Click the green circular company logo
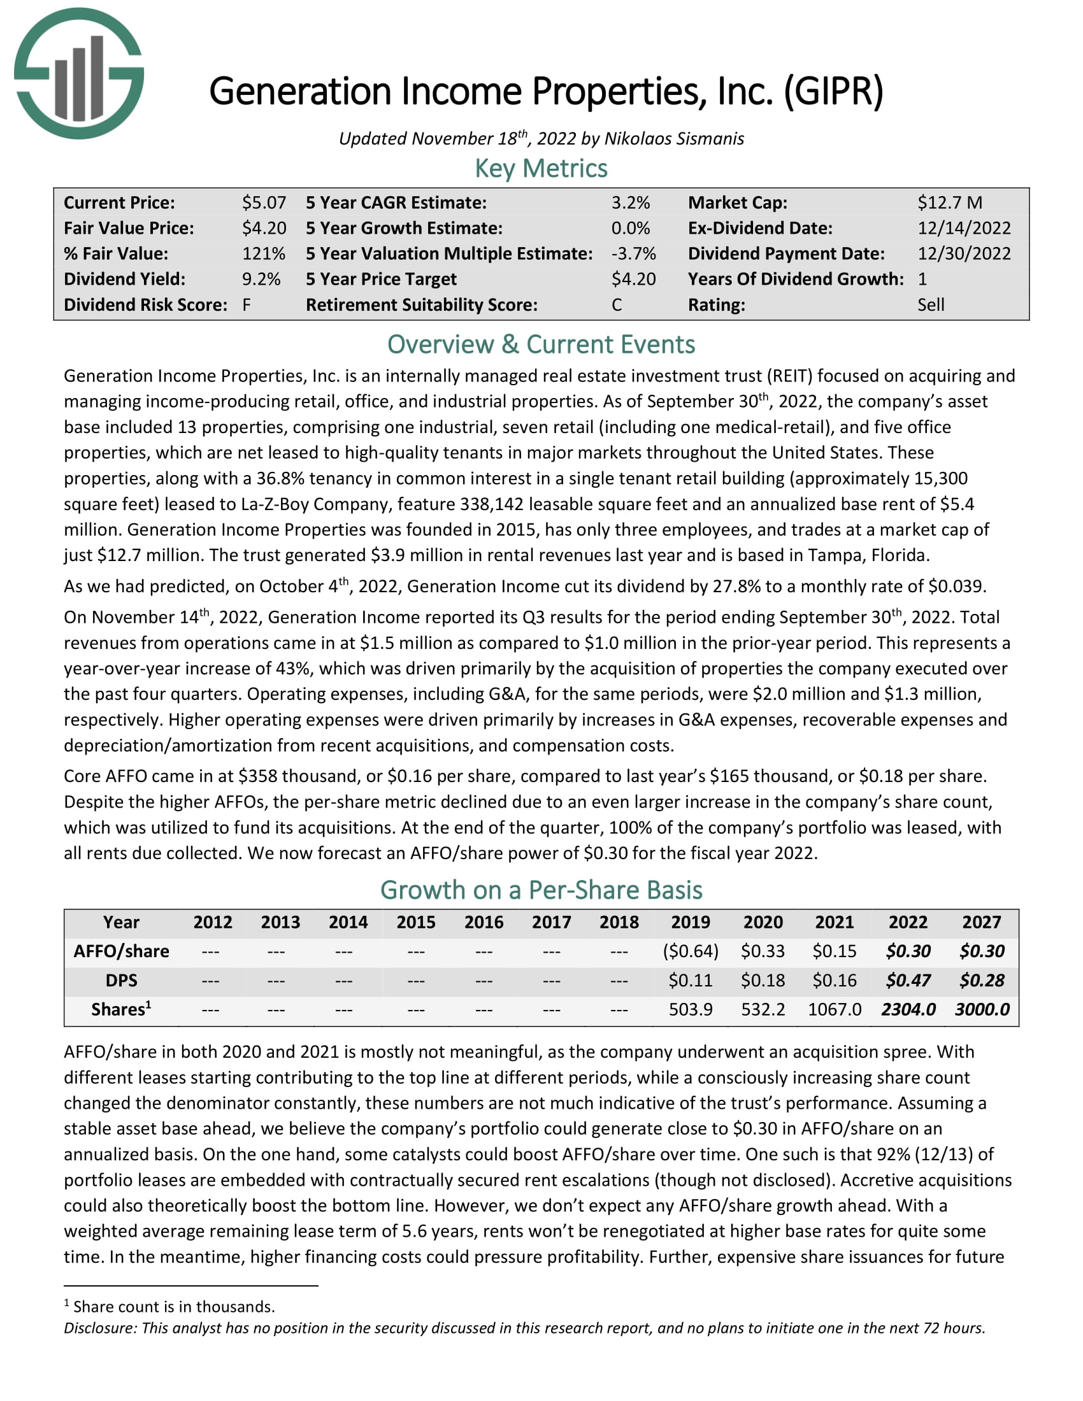pos(79,73)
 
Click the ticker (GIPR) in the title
pos(833,91)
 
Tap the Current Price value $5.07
pos(264,203)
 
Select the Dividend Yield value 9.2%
pos(261,279)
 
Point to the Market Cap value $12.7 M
pos(950,203)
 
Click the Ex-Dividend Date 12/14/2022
pos(964,229)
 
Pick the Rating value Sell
pos(930,304)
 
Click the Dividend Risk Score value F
pos(247,304)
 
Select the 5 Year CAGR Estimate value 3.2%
pos(630,203)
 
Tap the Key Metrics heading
pos(541,169)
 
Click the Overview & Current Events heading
pos(541,345)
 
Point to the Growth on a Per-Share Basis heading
pos(541,890)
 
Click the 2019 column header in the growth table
pos(691,923)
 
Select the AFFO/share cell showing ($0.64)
pos(691,951)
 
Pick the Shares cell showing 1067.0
pos(834,1010)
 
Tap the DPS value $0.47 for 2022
pos(908,981)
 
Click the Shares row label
pos(120,1010)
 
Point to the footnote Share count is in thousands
pos(173,1307)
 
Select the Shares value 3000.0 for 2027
pos(982,1010)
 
